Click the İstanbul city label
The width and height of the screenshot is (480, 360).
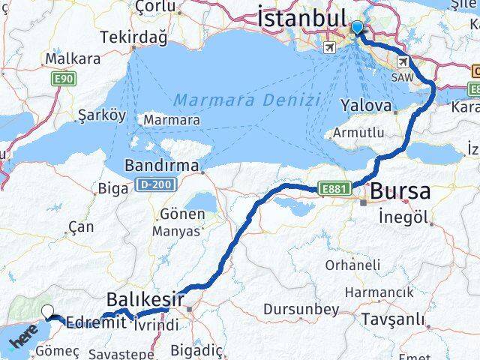(302, 17)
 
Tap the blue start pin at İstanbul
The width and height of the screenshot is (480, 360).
(356, 28)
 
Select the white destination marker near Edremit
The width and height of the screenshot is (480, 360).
(48, 312)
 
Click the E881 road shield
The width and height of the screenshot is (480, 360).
(334, 189)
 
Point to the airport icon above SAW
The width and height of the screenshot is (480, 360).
(403, 61)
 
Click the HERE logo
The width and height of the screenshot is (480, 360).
(25, 340)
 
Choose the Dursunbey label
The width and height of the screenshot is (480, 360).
(296, 308)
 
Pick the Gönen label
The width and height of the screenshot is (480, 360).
(182, 214)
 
